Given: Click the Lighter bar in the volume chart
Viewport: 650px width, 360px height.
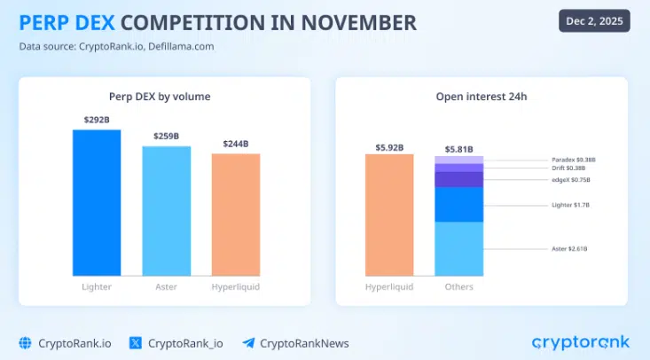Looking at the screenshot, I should click(97, 202).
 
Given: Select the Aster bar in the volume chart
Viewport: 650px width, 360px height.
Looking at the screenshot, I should click(167, 211).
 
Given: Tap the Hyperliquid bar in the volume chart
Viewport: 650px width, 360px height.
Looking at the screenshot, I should click(236, 215).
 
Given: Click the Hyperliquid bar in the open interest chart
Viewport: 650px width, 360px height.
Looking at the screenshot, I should click(389, 215).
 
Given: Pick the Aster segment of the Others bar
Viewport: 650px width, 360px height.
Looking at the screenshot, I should click(458, 247).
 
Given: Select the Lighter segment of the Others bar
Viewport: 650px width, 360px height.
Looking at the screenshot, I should click(458, 204).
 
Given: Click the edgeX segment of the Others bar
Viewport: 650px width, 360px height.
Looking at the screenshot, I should click(458, 179).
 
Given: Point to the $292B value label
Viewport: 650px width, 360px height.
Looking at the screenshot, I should click(97, 120).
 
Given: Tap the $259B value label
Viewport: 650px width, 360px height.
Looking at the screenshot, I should click(167, 136).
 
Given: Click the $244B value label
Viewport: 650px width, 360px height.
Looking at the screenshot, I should click(236, 144).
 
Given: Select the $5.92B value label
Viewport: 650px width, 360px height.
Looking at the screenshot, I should click(389, 147).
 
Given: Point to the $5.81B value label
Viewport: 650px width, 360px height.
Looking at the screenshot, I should click(458, 149).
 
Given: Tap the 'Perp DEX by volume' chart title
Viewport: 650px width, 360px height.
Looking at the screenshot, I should click(166, 96).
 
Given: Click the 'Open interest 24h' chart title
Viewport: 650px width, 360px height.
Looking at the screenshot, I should click(482, 96).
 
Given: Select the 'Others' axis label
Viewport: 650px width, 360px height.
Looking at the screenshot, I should click(458, 286).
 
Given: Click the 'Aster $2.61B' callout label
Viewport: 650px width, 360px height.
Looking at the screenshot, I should click(570, 248).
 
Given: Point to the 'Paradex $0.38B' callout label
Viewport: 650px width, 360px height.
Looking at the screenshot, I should click(574, 160).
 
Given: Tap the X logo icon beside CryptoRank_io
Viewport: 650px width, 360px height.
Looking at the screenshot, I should click(136, 342).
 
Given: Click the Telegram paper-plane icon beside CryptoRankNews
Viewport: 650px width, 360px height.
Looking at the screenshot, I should click(248, 342).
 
